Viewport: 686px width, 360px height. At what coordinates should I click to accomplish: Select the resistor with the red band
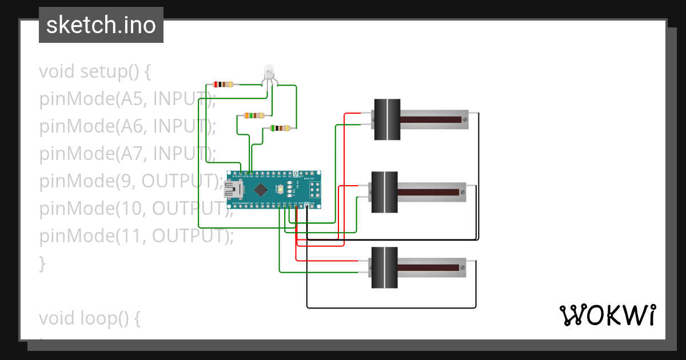point(223,85)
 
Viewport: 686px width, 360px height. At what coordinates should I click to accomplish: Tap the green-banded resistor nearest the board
point(280,129)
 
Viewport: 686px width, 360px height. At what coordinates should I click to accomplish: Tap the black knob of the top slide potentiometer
point(387,119)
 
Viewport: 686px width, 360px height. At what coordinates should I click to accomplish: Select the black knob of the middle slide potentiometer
point(385,192)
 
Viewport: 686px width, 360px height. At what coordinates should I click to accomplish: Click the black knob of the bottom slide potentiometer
point(384,267)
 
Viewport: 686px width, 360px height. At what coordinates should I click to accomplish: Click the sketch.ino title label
point(101,25)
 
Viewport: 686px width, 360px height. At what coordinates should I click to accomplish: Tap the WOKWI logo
point(607,315)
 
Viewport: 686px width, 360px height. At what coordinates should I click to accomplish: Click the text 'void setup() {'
point(95,72)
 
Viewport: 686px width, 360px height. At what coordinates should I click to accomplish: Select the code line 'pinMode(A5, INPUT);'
point(127,99)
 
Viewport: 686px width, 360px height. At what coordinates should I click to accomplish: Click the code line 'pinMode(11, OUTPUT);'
point(137,235)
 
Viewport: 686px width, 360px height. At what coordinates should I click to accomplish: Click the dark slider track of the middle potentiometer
point(429,193)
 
